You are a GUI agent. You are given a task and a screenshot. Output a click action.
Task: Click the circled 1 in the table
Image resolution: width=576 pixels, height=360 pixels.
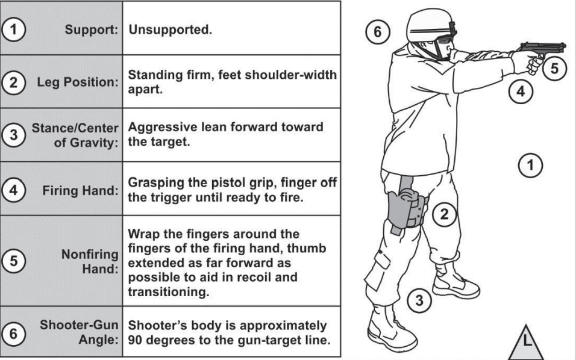[x=13, y=28]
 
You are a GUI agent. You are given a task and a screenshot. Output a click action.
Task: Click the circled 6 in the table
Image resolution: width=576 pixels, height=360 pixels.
[x=13, y=332]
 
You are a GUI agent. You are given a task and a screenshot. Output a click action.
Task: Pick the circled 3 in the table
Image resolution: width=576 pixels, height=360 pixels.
[x=13, y=135]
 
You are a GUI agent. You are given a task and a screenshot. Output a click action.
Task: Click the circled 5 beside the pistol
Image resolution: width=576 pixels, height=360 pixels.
[x=554, y=68]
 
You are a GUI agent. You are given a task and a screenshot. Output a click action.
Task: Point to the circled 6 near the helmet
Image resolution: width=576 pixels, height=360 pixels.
[x=378, y=33]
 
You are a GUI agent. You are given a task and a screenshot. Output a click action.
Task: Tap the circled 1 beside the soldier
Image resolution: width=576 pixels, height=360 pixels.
[x=530, y=164]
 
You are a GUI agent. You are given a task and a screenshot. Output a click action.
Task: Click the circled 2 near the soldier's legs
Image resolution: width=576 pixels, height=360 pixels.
[x=444, y=213]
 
